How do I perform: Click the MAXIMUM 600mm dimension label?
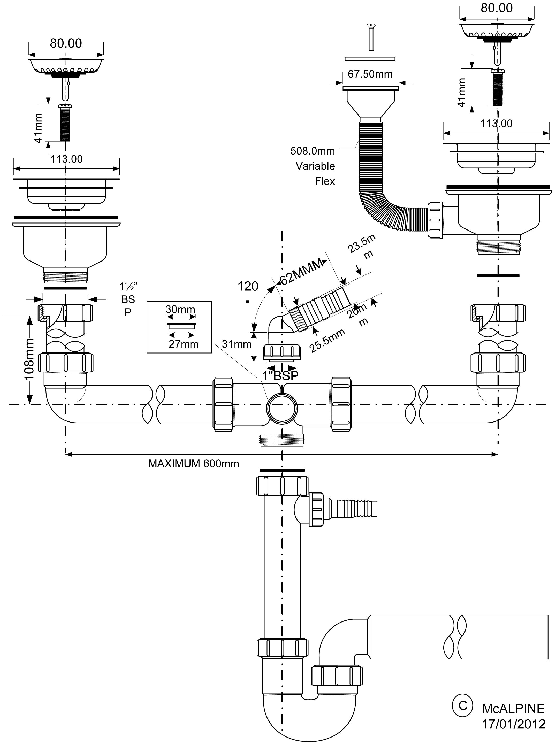pos(194,464)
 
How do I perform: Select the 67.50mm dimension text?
pos(370,74)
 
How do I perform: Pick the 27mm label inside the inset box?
pos(184,344)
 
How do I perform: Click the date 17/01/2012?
pos(514,724)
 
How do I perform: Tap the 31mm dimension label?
pos(236,344)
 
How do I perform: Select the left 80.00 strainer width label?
pos(66,43)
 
